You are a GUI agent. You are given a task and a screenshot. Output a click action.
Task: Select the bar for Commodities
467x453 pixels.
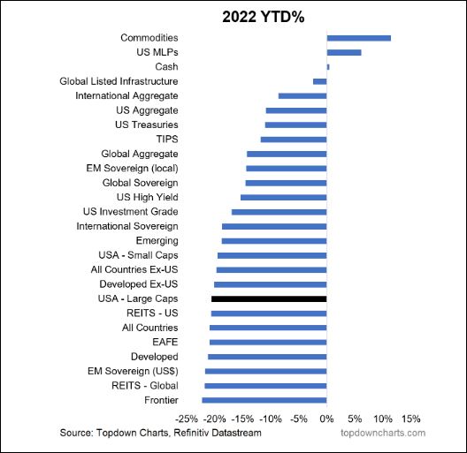pos(358,38)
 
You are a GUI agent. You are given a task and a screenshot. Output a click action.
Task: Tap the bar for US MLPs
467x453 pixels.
pos(344,52)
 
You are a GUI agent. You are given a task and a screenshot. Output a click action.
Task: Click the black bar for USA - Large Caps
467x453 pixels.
pos(270,299)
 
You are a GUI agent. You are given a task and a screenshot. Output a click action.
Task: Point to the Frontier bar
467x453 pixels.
pos(264,400)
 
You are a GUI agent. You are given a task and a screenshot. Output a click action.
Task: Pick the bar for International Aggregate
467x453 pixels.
pos(302,95)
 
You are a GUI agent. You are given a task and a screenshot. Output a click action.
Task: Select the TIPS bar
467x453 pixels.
pos(294,139)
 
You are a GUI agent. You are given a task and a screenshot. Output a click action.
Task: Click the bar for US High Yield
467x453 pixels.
pos(284,197)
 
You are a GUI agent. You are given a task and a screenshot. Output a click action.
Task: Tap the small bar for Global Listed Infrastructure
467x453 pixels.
pos(320,81)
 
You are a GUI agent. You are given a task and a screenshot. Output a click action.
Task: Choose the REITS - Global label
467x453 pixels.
pos(145,385)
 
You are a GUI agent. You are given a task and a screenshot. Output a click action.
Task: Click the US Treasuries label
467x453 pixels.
pos(147,125)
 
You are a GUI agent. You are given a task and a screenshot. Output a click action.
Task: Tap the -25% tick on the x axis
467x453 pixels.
pos(188,418)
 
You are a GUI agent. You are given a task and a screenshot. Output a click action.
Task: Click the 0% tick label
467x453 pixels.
pos(326,418)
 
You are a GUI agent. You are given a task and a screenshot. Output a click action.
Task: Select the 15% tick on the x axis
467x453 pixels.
pos(410,418)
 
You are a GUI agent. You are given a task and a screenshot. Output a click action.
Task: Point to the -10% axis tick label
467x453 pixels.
pos(271,418)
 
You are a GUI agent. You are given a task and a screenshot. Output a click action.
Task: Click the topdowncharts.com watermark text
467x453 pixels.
pos(383,433)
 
